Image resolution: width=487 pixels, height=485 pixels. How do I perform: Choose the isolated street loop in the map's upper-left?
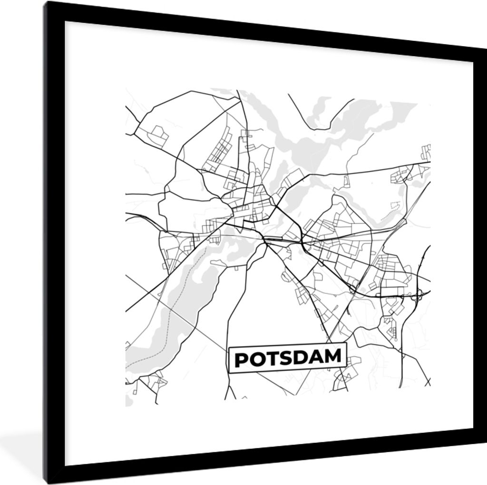(158, 135)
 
